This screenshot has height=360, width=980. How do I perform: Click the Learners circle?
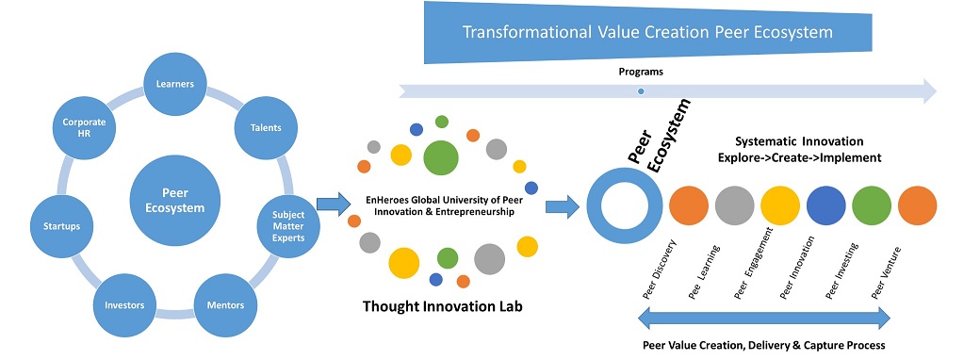(x=174, y=83)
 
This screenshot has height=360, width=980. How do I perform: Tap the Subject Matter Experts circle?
(x=288, y=224)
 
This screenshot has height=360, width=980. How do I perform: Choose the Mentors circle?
(x=225, y=305)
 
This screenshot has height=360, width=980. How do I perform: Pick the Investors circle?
(x=123, y=305)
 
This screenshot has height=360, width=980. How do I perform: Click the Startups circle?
(x=60, y=225)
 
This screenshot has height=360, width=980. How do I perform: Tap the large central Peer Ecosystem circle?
(x=175, y=201)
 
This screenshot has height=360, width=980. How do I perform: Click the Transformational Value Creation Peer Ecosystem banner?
(x=647, y=32)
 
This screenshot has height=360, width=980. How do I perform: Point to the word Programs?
(x=641, y=72)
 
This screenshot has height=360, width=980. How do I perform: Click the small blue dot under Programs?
(x=641, y=91)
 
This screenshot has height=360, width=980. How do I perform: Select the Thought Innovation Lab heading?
(x=442, y=306)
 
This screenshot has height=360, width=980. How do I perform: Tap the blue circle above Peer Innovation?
(x=825, y=205)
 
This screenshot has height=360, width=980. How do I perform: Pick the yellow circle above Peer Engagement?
(x=780, y=205)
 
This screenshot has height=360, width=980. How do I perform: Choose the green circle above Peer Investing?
(x=872, y=205)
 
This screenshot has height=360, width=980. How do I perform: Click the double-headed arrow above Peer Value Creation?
(x=764, y=319)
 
